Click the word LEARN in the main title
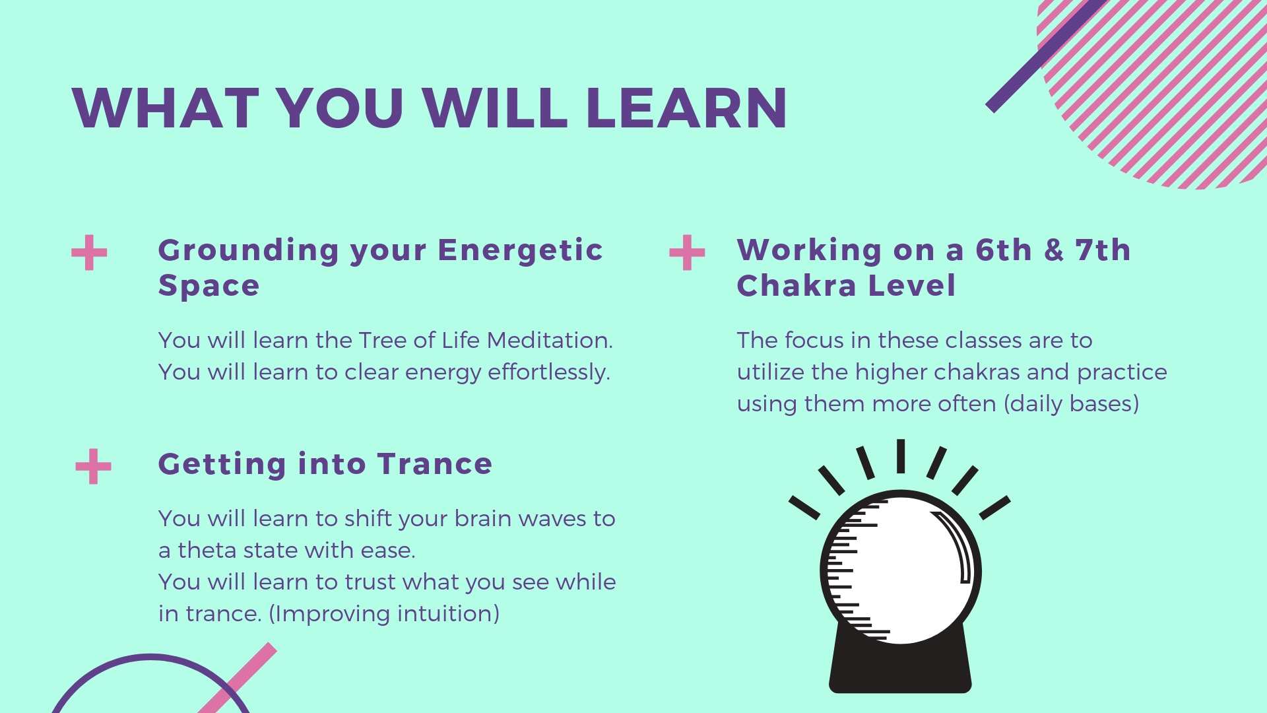tap(686, 108)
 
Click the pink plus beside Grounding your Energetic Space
tap(89, 253)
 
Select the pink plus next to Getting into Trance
tap(93, 466)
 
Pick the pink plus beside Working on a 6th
tap(687, 253)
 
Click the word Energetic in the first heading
tap(520, 250)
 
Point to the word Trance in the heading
tap(435, 464)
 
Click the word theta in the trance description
tap(207, 551)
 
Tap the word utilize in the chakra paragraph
tap(771, 372)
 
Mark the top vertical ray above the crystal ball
tap(900, 456)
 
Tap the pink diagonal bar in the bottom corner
tap(238, 678)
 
